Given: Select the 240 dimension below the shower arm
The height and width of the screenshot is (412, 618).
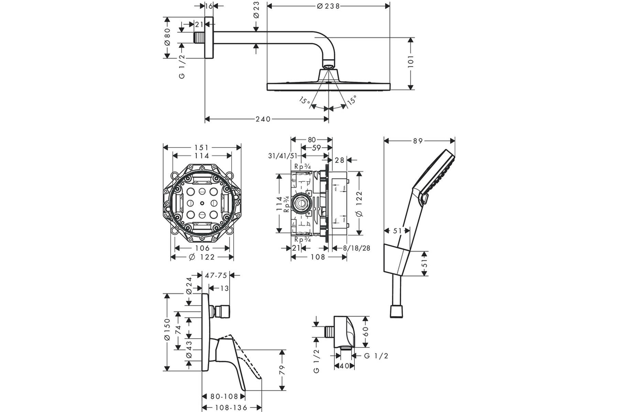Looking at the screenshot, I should coord(263,119).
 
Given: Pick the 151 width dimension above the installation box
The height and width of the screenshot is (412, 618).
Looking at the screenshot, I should coord(201,147).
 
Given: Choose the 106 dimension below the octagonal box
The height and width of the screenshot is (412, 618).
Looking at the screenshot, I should coord(201,248).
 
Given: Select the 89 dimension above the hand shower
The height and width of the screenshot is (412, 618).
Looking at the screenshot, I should coord(418,140).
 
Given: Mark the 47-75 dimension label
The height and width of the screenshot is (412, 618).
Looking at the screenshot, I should coord(216,276).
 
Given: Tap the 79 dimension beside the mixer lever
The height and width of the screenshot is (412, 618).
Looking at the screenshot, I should coord(282,370).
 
